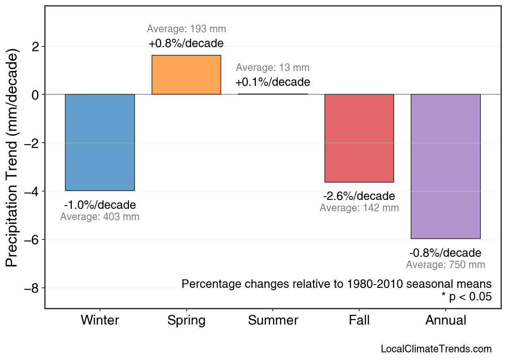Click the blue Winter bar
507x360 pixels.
pos(100,142)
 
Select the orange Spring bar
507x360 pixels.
pos(186,75)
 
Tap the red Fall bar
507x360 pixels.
pos(359,138)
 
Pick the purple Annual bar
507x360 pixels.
pos(445,166)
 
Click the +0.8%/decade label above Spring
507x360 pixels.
pos(186,43)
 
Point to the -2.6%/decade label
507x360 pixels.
pos(359,196)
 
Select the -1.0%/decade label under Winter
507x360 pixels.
pos(100,205)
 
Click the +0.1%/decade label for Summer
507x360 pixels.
pos(272,82)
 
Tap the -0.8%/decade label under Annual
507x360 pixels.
pos(445,253)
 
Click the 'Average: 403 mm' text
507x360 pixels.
pos(100,217)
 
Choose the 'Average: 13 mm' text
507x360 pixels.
pos(272,68)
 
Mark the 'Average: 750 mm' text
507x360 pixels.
pos(445,265)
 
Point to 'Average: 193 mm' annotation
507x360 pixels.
pos(186,29)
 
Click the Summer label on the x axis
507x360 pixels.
pos(273,320)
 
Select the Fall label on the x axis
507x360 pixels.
pos(359,320)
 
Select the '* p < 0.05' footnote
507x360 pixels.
pos(466,297)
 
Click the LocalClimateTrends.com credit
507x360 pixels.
pos(436,349)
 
